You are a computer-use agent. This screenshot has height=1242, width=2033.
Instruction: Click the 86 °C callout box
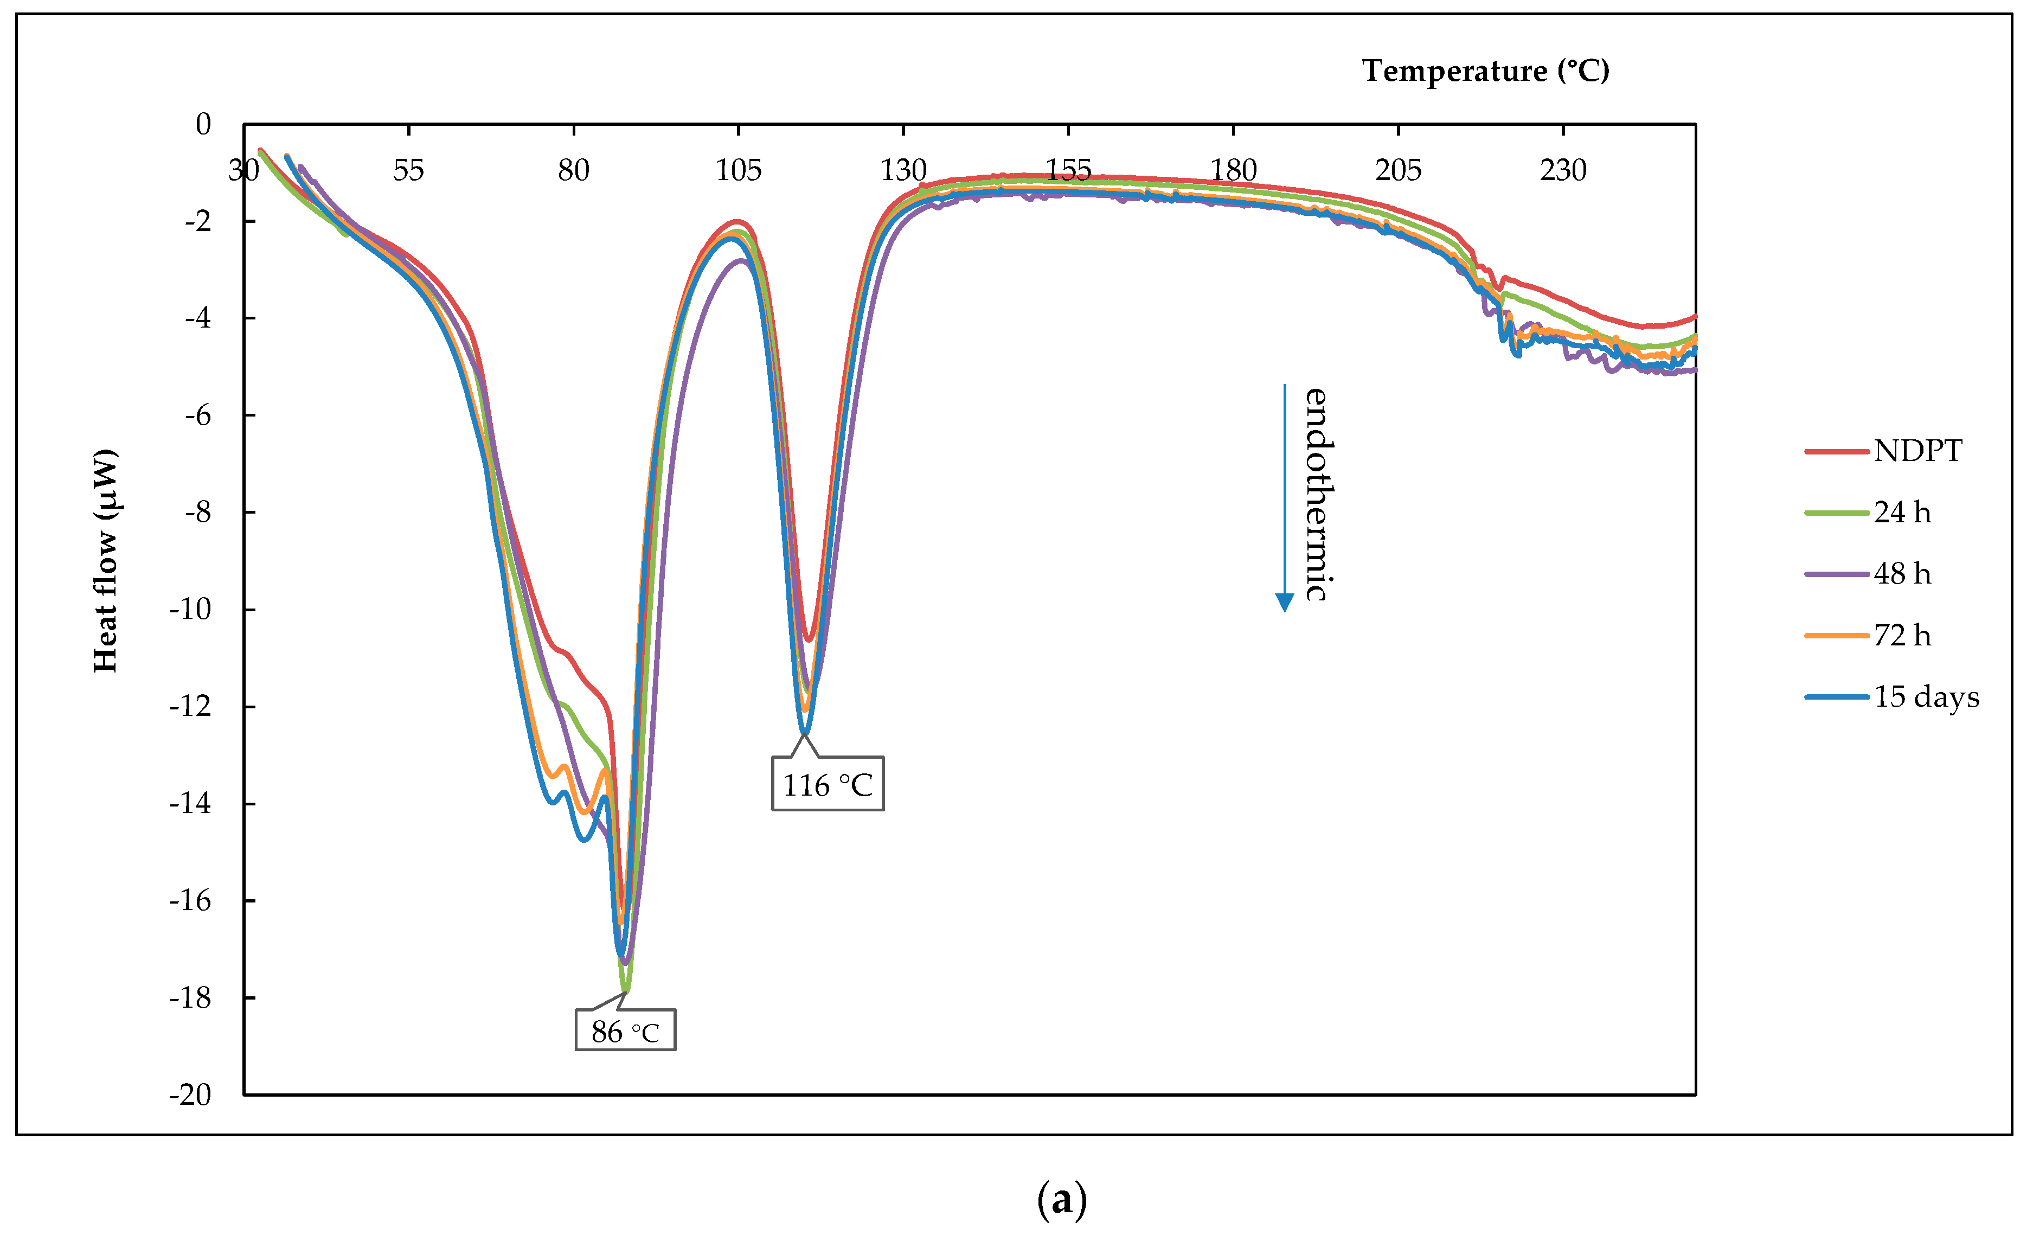[x=625, y=1030]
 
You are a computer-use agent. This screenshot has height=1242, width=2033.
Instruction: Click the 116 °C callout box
[x=827, y=784]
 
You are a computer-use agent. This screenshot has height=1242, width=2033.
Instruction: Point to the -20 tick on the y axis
[x=190, y=1094]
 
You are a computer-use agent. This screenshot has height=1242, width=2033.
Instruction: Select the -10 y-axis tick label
[x=190, y=609]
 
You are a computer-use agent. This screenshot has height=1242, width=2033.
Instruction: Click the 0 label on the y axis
[x=203, y=125]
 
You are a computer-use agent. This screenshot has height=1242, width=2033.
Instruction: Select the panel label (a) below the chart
[x=1061, y=1199]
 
